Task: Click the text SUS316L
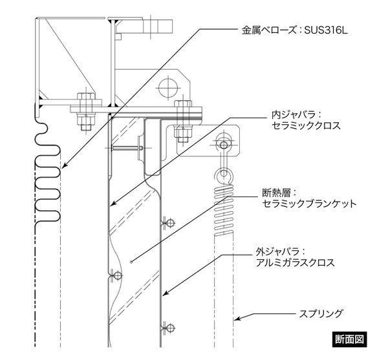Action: coord(326,30)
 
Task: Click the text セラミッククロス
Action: coord(306,125)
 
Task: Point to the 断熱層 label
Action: coord(276,193)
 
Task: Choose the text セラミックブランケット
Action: coord(309,204)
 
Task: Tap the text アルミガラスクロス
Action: coord(295,262)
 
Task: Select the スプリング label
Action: coord(321,313)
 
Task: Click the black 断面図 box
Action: coord(349,339)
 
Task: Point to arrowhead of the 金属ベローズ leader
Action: coord(63,166)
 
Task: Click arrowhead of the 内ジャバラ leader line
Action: coord(113,204)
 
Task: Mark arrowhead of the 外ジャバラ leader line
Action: coord(164,293)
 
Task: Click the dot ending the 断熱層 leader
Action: coord(131,262)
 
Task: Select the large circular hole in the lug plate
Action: coord(168,87)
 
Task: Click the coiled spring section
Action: coord(224,209)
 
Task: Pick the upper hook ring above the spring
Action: coord(224,145)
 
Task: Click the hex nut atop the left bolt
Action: coord(86,96)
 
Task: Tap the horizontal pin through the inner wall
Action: coord(127,148)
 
